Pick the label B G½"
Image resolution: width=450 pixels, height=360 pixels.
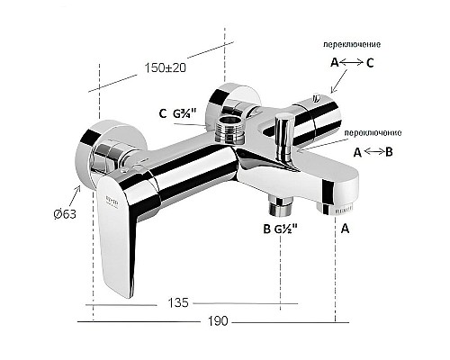280,229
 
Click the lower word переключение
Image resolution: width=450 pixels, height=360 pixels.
374,133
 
